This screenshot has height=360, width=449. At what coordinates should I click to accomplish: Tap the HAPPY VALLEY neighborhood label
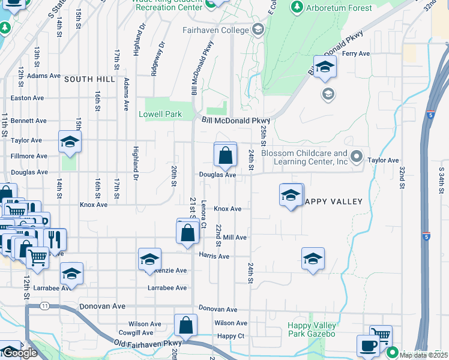[x=334, y=202]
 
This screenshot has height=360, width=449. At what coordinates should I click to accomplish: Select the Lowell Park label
[x=160, y=114]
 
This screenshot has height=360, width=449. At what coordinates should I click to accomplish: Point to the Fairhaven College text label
[x=215, y=30]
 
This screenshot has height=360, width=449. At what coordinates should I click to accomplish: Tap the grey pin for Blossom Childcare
[x=357, y=157]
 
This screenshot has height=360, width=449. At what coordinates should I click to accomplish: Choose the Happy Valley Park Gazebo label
[x=312, y=329]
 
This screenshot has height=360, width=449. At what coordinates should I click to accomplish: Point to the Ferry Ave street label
[x=355, y=54]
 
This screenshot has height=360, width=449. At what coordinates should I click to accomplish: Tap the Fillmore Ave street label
[x=29, y=156]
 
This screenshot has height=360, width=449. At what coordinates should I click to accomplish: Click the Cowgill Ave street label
[x=136, y=332]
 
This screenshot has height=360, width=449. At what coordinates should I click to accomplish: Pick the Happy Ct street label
[x=231, y=336]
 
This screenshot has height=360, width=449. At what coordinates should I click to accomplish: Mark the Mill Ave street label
[x=235, y=238]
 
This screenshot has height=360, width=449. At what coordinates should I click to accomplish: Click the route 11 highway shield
[x=45, y=306]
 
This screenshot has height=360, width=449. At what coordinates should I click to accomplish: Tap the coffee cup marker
[x=368, y=346]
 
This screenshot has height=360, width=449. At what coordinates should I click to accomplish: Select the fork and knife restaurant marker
[x=55, y=239]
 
